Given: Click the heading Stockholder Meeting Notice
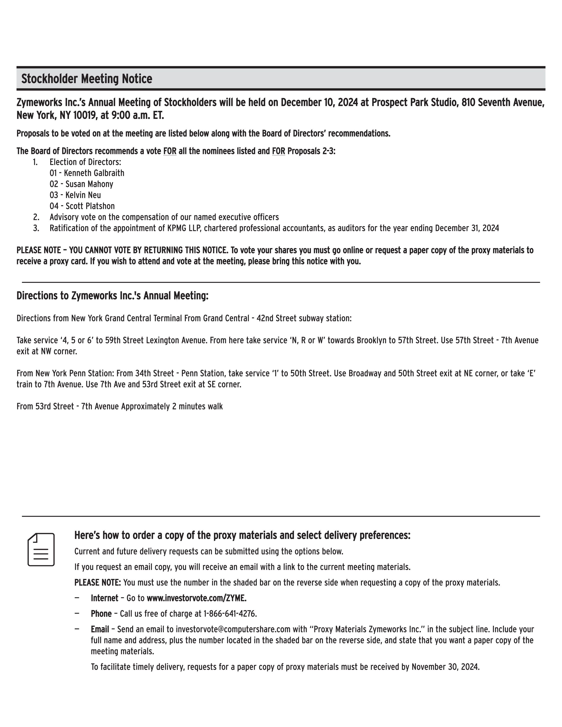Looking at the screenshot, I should tap(87, 79).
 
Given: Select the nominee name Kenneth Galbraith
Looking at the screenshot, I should tap(94, 173).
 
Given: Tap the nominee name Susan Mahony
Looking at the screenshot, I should tap(89, 184).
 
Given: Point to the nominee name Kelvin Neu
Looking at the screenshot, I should tap(83, 195).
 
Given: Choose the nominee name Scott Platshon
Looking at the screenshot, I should tap(90, 206).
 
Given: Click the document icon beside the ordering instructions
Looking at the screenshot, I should tap(41, 549).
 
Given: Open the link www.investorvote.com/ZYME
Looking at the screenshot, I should tap(196, 598).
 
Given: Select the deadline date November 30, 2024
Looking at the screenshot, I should tap(445, 667).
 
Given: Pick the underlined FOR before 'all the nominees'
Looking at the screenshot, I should tap(170, 151).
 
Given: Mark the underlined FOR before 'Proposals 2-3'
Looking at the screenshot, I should tap(279, 151).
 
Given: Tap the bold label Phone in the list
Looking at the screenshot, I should tap(101, 613).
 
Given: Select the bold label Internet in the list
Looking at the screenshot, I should tap(105, 598).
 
